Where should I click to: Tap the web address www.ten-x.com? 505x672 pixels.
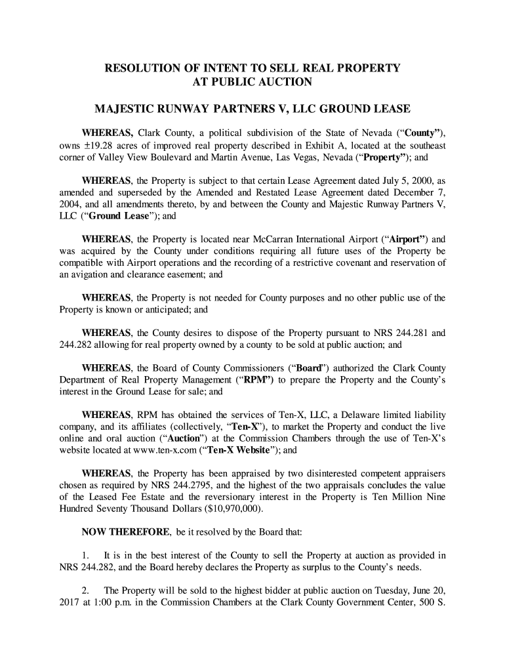click(216, 451)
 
